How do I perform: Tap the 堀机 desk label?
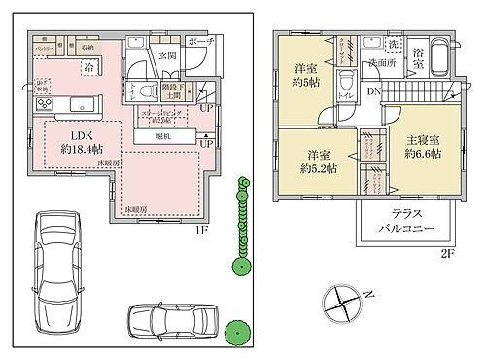(163, 135)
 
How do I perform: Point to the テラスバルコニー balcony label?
(405, 221)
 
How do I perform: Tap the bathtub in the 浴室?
(434, 54)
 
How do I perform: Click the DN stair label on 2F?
(374, 92)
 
